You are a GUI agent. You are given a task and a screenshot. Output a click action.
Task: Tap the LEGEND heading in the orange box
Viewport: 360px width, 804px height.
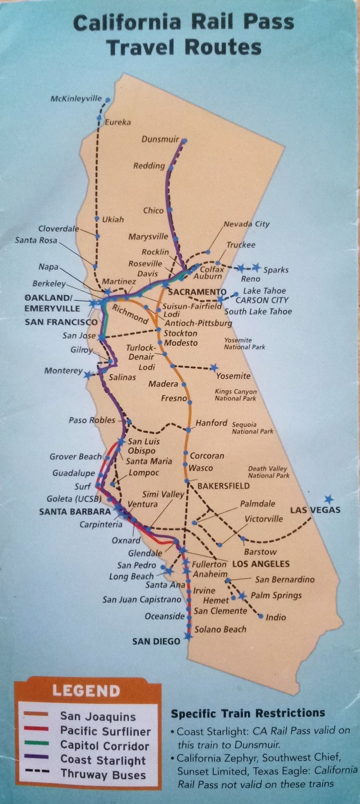(86, 690)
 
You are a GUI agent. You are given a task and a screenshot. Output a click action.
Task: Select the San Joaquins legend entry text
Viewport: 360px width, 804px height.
(98, 717)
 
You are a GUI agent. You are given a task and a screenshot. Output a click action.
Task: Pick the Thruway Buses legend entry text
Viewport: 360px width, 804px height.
(102, 775)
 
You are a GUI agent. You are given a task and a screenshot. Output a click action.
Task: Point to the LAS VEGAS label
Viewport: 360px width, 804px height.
(315, 510)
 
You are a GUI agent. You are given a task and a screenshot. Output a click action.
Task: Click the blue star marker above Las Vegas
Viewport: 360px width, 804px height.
(328, 499)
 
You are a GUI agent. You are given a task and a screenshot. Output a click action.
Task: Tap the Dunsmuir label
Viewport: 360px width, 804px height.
(160, 140)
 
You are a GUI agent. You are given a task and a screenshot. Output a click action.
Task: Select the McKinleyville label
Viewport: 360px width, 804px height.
(76, 98)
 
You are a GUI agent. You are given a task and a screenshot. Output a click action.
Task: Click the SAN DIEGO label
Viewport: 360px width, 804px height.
(156, 641)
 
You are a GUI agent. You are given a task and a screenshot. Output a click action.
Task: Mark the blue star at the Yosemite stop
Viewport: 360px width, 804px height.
(214, 368)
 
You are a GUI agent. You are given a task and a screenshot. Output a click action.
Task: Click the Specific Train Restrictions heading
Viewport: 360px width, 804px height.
(247, 713)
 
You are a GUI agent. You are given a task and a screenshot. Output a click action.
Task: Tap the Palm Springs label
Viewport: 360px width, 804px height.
(276, 595)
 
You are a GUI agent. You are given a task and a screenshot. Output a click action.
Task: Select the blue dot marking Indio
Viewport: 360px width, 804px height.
(261, 616)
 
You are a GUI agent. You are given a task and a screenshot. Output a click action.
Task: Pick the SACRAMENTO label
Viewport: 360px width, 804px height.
(193, 292)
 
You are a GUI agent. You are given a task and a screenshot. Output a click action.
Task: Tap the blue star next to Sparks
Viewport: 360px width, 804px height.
(256, 267)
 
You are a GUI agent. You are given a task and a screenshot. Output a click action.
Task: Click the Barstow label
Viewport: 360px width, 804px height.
(260, 552)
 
